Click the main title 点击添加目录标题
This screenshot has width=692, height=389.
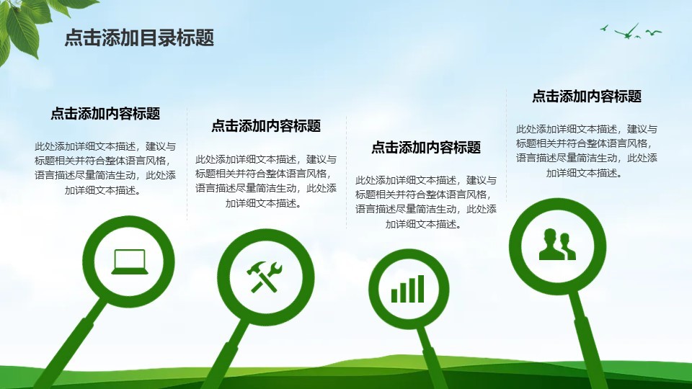click(x=139, y=38)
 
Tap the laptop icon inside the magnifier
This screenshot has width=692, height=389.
click(x=129, y=261)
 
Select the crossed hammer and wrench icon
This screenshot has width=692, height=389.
click(x=264, y=277)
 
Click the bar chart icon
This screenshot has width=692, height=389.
click(x=407, y=289)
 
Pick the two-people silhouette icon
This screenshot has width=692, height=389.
click(x=557, y=244)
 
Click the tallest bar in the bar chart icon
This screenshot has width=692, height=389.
click(x=420, y=289)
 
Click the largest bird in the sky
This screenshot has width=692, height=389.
click(x=626, y=32)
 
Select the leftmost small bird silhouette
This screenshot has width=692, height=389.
click(x=604, y=29)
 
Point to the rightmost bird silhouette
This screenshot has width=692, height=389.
click(x=654, y=32)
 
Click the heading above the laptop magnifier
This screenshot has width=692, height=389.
click(x=105, y=114)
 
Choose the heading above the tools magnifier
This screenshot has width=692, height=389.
click(x=266, y=126)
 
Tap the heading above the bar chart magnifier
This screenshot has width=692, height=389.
click(x=426, y=147)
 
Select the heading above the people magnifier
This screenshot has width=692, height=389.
click(x=587, y=97)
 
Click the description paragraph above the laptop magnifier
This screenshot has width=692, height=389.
click(x=105, y=168)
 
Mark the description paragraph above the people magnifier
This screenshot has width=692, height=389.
click(x=587, y=151)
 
